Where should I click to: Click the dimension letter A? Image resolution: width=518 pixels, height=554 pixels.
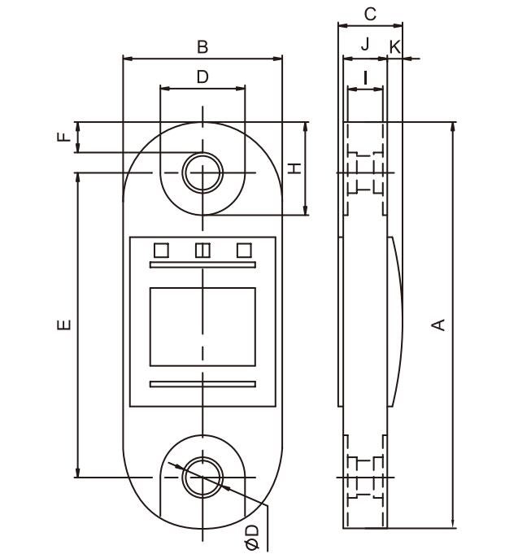pyautogui.click(x=439, y=324)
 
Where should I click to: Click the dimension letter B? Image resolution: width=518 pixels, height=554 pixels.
pyautogui.click(x=202, y=47)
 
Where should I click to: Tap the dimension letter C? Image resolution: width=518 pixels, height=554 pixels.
pyautogui.click(x=370, y=14)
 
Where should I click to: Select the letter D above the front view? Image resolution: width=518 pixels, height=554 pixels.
pyautogui.click(x=202, y=76)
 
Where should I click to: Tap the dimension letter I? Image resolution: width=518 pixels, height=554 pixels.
pyautogui.click(x=365, y=78)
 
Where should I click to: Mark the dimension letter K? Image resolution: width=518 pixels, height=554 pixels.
pyautogui.click(x=395, y=46)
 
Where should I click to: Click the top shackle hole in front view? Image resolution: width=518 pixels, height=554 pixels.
pyautogui.click(x=202, y=172)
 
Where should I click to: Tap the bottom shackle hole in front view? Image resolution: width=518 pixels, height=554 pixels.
pyautogui.click(x=202, y=477)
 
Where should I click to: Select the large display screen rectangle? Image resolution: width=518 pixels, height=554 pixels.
pyautogui.click(x=202, y=326)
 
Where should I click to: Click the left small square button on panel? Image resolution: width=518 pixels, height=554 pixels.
pyautogui.click(x=161, y=251)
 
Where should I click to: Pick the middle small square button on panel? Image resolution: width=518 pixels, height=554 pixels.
pyautogui.click(x=202, y=251)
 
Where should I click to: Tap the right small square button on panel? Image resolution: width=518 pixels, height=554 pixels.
pyautogui.click(x=244, y=251)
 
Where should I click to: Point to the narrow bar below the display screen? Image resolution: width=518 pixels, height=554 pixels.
pyautogui.click(x=202, y=384)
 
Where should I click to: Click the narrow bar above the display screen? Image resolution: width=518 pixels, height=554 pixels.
pyautogui.click(x=202, y=265)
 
